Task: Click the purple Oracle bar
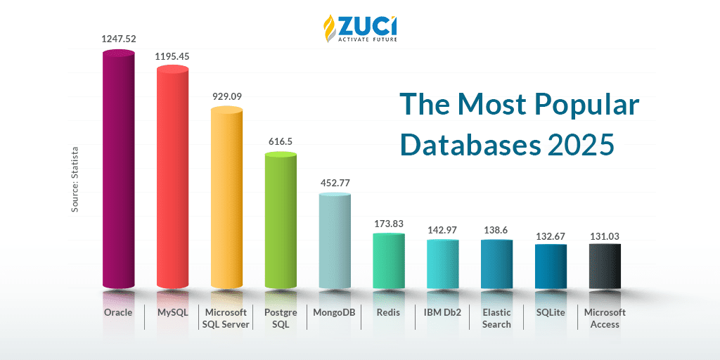[x=118, y=169]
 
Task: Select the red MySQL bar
[x=172, y=176]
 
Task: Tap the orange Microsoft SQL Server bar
[x=226, y=197]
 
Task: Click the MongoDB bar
[x=335, y=239]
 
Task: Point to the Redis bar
[x=389, y=260]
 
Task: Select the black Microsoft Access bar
[x=605, y=265]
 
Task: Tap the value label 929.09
[x=226, y=96]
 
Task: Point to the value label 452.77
[x=335, y=183]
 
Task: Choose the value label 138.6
[x=496, y=230]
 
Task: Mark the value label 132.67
[x=551, y=236]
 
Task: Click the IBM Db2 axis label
[x=442, y=312]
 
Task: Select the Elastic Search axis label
[x=496, y=318]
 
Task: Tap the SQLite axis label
[x=551, y=312]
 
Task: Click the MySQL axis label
[x=172, y=312]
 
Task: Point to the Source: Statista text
[x=75, y=179]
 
